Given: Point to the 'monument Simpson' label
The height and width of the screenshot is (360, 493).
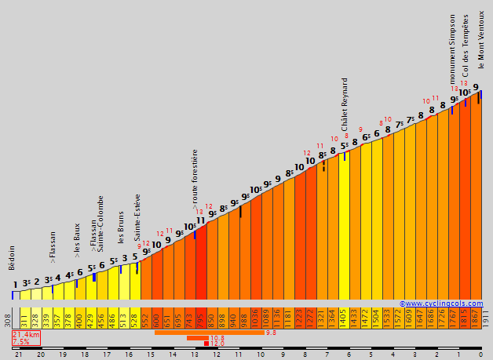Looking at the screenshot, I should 453,49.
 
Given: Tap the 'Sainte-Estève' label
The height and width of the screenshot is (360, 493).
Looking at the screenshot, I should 137,216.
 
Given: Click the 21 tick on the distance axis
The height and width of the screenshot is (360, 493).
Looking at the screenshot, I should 17,355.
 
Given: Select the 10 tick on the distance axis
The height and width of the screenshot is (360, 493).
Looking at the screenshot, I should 261,355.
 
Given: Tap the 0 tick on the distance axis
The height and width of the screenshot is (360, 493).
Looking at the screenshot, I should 480,355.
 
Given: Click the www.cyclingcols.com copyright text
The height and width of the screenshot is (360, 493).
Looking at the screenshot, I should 441,304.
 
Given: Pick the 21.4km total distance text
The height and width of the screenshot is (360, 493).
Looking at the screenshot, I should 27,334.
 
